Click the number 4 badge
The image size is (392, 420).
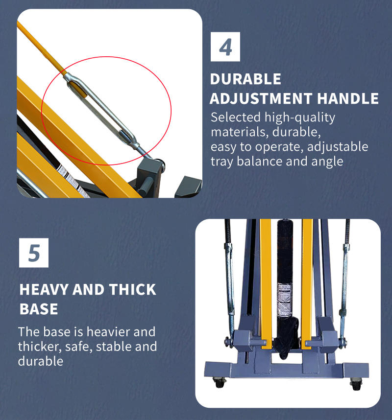(x=225, y=47)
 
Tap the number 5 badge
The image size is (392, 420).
(x=34, y=253)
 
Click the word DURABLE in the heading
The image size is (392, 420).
(x=245, y=79)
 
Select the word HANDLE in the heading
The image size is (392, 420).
(x=348, y=98)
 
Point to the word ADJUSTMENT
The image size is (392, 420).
(x=261, y=98)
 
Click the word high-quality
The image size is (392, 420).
(x=300, y=118)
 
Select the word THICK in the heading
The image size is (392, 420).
(x=132, y=290)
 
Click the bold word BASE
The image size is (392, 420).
(x=39, y=309)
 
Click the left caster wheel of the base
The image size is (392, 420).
(x=220, y=382)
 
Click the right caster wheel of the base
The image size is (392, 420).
(x=356, y=384)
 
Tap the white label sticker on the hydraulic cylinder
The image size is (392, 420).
(x=284, y=300)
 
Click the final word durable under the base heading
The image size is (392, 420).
(x=41, y=361)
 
